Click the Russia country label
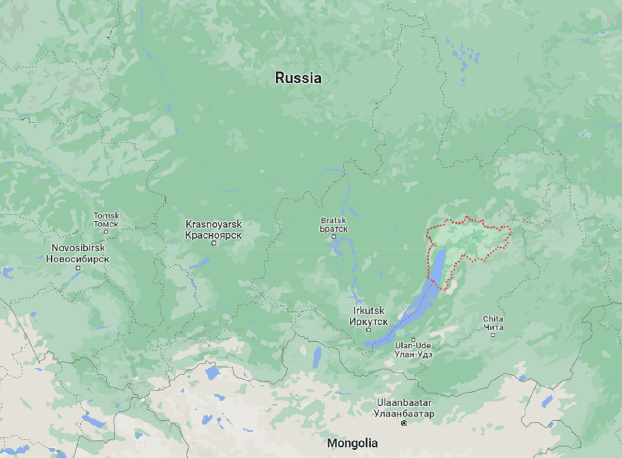click(x=298, y=78)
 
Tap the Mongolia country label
click(x=352, y=443)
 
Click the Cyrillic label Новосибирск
click(x=77, y=258)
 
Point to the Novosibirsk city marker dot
click(x=78, y=268)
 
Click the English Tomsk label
click(x=106, y=216)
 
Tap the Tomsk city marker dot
click(x=106, y=231)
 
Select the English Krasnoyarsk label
click(x=214, y=225)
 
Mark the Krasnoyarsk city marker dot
click(x=214, y=242)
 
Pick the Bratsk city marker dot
click(x=334, y=237)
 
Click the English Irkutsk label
click(x=368, y=311)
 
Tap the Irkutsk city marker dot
click(x=369, y=329)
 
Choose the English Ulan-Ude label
click(x=413, y=346)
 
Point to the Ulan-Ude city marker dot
click(x=413, y=340)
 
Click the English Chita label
click(x=492, y=319)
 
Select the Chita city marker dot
click(x=493, y=335)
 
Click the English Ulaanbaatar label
click(x=404, y=403)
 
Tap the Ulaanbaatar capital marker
click(x=404, y=423)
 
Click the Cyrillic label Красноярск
click(x=214, y=235)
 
